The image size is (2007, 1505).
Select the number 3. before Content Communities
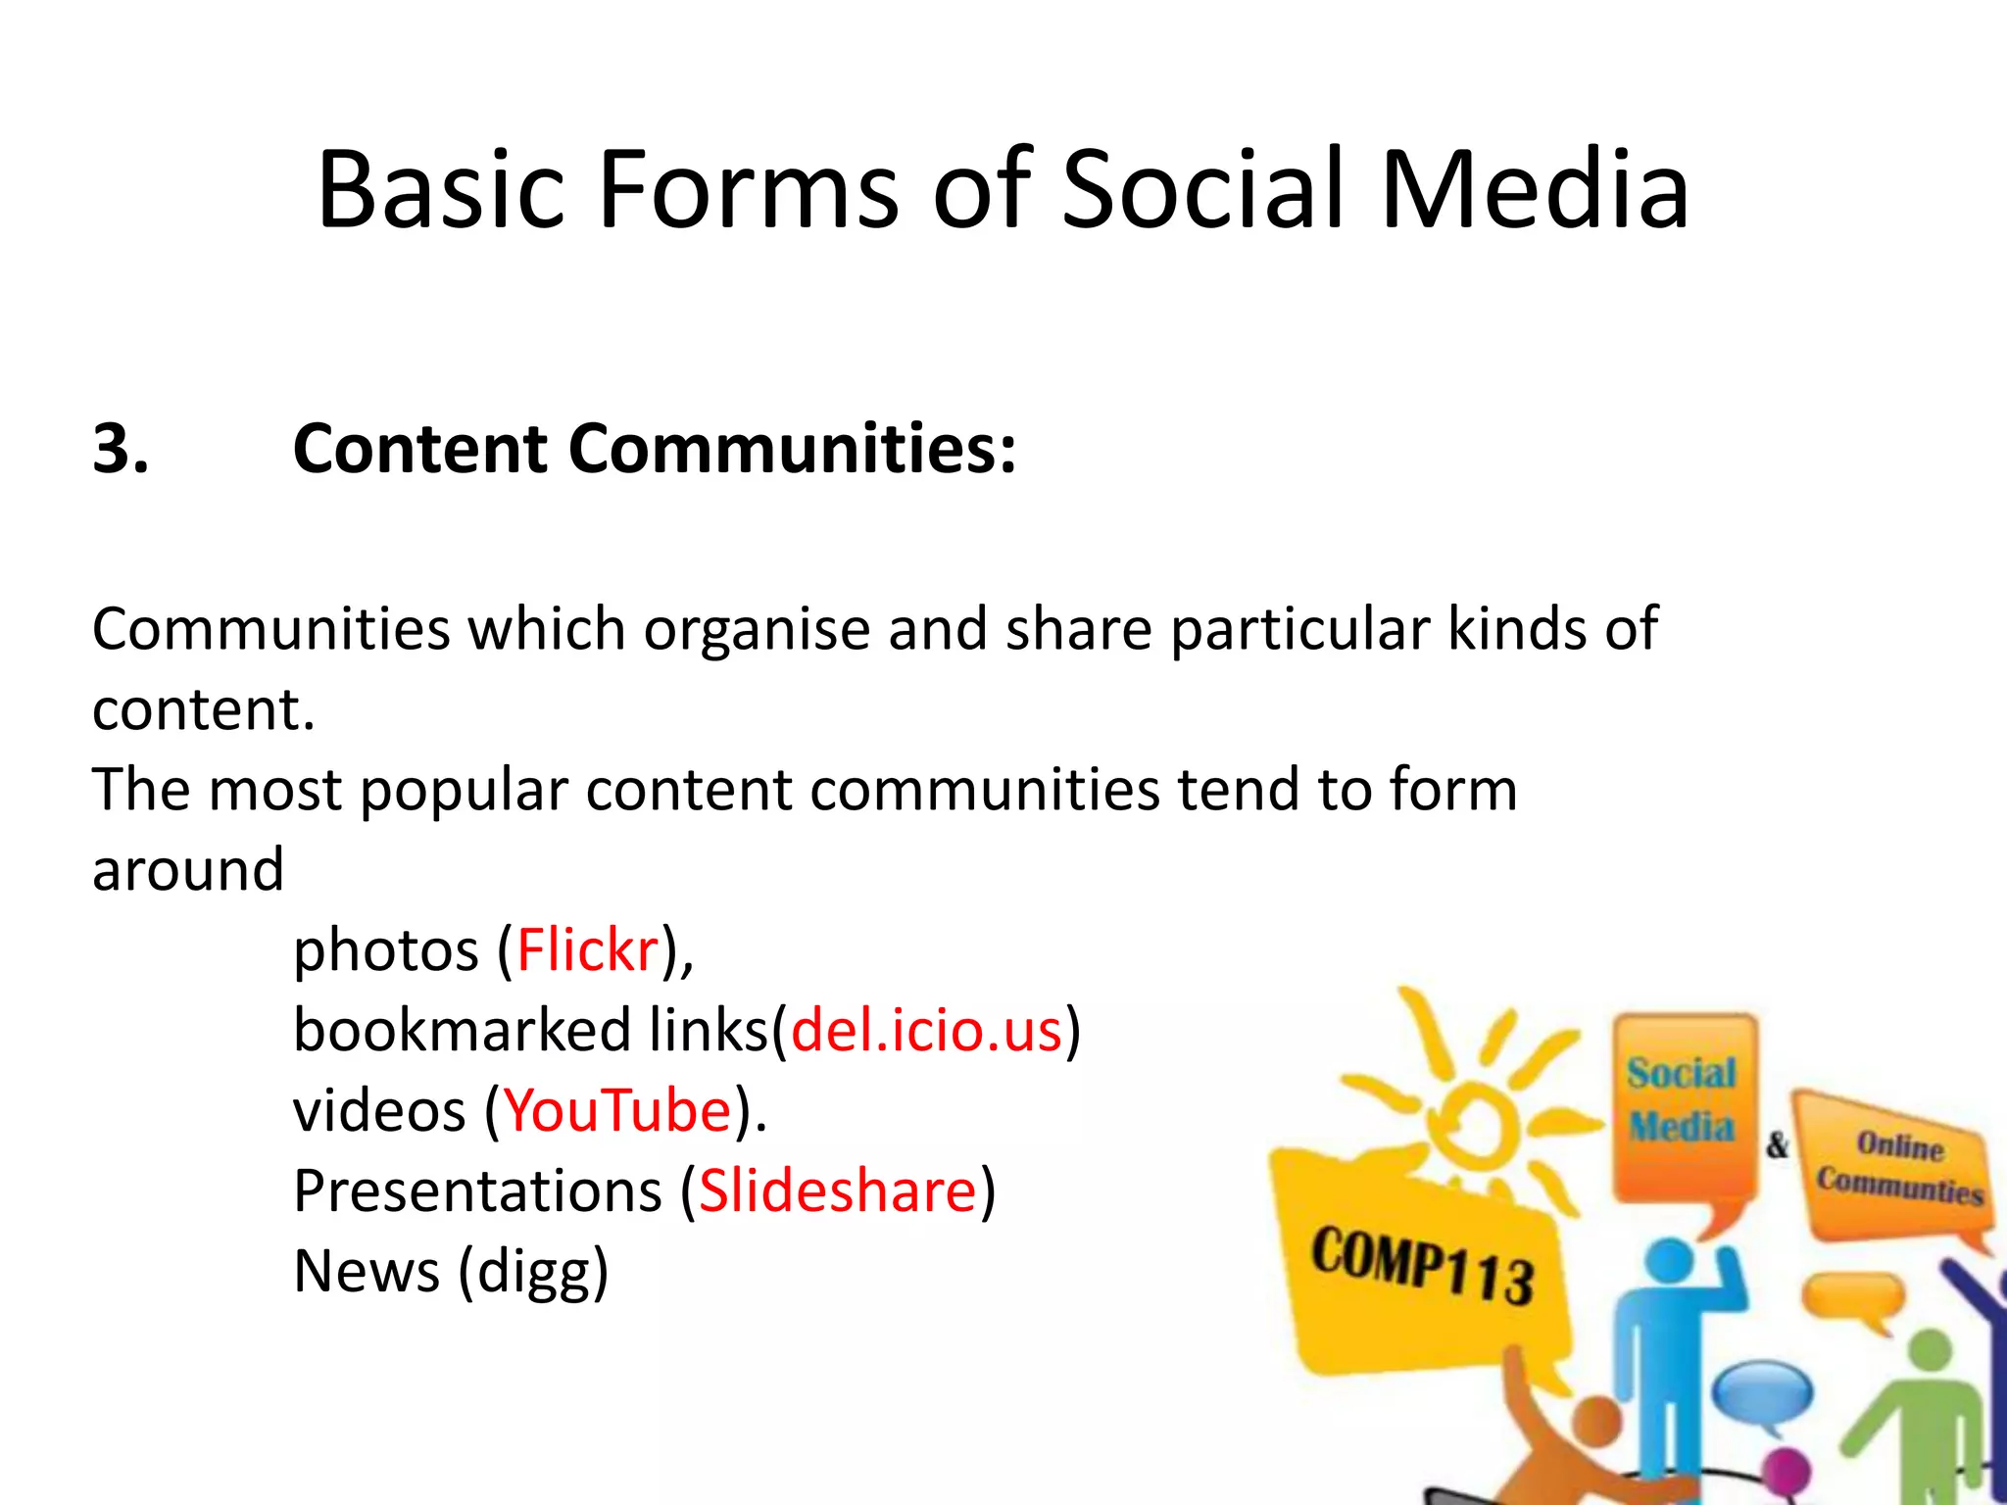pos(121,449)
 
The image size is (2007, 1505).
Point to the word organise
pos(757,629)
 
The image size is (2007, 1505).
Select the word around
pos(188,870)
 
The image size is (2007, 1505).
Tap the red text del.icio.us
pos(927,1031)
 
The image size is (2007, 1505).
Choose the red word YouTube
pos(618,1111)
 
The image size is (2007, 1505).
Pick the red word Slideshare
pos(838,1191)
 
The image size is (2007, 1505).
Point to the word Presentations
pos(478,1191)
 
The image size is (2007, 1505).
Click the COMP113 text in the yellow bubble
pos(1423,1266)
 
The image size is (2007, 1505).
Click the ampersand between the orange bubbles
pos(1777,1143)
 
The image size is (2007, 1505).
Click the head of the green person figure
pos(1931,1352)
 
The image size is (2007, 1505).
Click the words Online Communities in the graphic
pos(1899,1168)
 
